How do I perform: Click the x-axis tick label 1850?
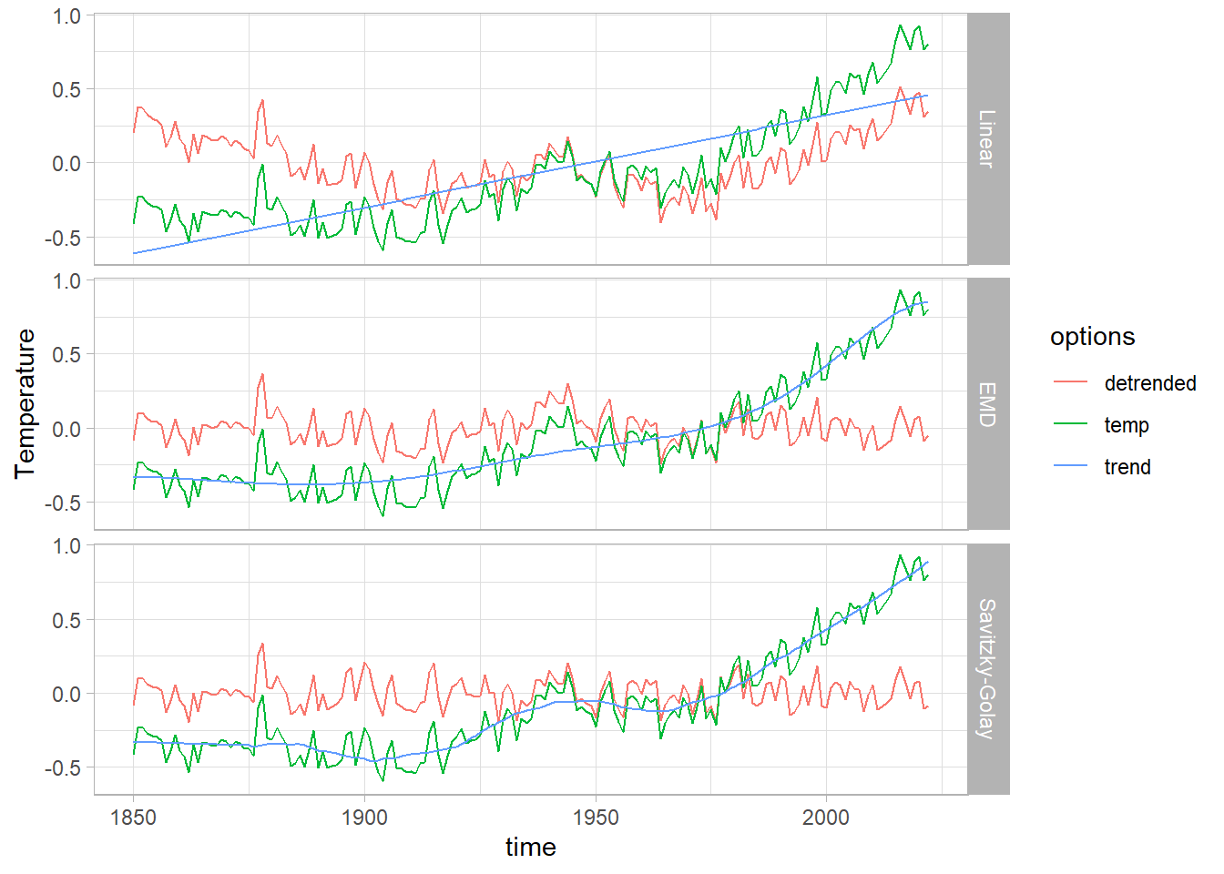(x=133, y=818)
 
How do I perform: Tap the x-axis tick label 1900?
(x=364, y=818)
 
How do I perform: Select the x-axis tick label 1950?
(x=595, y=818)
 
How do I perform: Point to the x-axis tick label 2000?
(x=826, y=818)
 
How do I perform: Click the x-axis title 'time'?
(x=530, y=848)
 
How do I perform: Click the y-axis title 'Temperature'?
(x=25, y=403)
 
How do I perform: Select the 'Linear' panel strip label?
(x=987, y=138)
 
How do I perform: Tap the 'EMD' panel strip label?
(x=987, y=404)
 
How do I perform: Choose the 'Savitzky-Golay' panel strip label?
(x=987, y=668)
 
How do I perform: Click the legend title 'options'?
(x=1092, y=337)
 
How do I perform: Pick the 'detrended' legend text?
(x=1149, y=383)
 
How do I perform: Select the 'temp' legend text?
(x=1127, y=425)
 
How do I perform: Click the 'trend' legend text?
(x=1127, y=467)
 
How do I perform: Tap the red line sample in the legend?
(x=1071, y=382)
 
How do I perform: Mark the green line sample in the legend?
(x=1071, y=424)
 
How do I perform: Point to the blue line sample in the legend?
(x=1071, y=466)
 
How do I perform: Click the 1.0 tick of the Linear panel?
(x=66, y=16)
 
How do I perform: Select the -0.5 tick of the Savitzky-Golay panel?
(x=63, y=768)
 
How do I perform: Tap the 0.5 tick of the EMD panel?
(x=66, y=355)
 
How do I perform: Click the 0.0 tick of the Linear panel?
(x=66, y=164)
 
